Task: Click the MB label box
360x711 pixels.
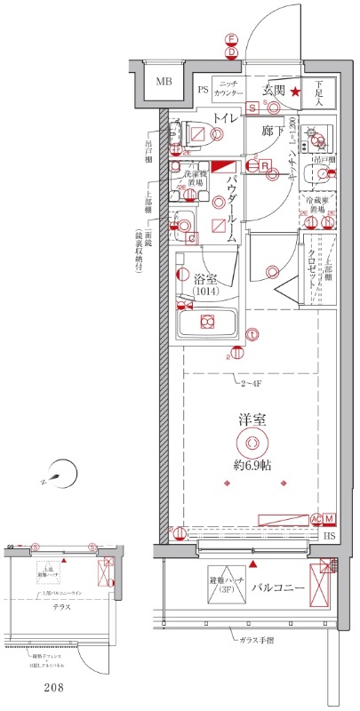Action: (164, 84)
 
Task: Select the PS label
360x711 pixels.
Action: (203, 90)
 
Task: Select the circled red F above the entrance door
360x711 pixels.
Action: (230, 40)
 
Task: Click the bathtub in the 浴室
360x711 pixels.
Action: (208, 321)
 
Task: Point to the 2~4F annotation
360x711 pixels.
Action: (251, 384)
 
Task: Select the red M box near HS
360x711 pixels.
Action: (328, 519)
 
